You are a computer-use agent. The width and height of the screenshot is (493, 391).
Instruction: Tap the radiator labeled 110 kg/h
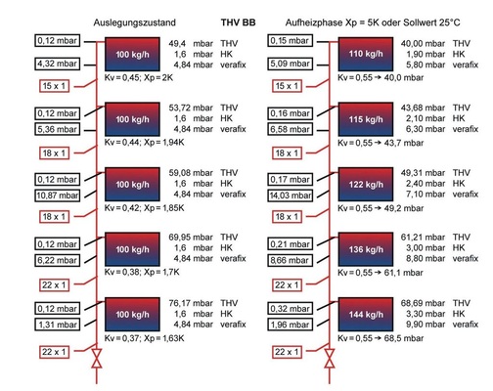370,51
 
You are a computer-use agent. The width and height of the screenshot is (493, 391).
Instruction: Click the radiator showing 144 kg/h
370,320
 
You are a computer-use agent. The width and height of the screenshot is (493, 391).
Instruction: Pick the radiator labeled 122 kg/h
370,186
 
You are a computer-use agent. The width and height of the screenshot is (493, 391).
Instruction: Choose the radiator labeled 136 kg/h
370,253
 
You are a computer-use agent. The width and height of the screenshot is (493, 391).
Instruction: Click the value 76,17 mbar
192,303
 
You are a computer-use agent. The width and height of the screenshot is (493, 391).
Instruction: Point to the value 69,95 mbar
192,237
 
